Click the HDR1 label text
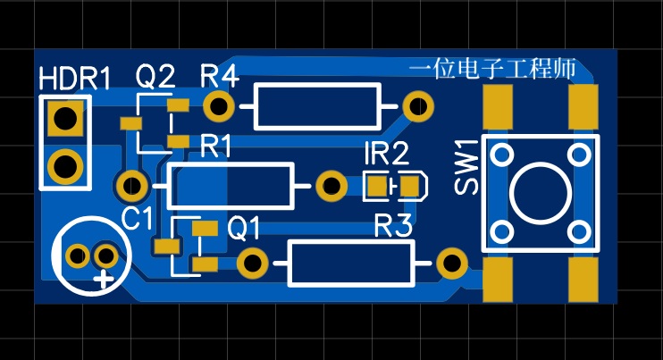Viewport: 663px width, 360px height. pyautogui.click(x=75, y=79)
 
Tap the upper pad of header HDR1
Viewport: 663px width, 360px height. pyautogui.click(x=64, y=118)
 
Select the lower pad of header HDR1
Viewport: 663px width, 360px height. pyautogui.click(x=64, y=165)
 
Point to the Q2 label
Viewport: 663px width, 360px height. pyautogui.click(x=155, y=79)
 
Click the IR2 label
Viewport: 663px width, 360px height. pyautogui.click(x=386, y=155)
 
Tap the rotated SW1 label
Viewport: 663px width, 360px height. pyautogui.click(x=466, y=166)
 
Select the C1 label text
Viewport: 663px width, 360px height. pyautogui.click(x=138, y=217)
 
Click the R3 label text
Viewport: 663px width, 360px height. pyautogui.click(x=393, y=226)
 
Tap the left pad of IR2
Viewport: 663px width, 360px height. pyautogui.click(x=377, y=186)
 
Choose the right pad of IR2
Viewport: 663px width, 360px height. pyautogui.click(x=409, y=186)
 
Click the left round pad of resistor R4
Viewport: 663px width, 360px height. pyautogui.click(x=219, y=106)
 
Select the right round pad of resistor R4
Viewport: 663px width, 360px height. pyautogui.click(x=416, y=106)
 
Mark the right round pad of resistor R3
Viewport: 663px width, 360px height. pyautogui.click(x=449, y=263)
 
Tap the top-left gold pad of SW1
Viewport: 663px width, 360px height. pyautogui.click(x=499, y=107)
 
